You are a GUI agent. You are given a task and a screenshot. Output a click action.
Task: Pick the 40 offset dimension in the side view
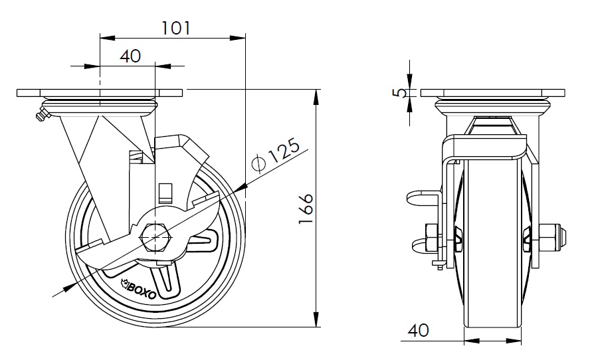pyautogui.click(x=130, y=56)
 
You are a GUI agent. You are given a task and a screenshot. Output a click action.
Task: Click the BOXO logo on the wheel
pyautogui.click(x=138, y=288)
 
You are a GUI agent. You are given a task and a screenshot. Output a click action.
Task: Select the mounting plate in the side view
pyautogui.click(x=100, y=92)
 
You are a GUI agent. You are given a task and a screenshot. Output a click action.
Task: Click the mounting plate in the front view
pyautogui.click(x=492, y=92)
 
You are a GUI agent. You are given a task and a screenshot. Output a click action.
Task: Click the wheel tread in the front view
pyautogui.click(x=492, y=312)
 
